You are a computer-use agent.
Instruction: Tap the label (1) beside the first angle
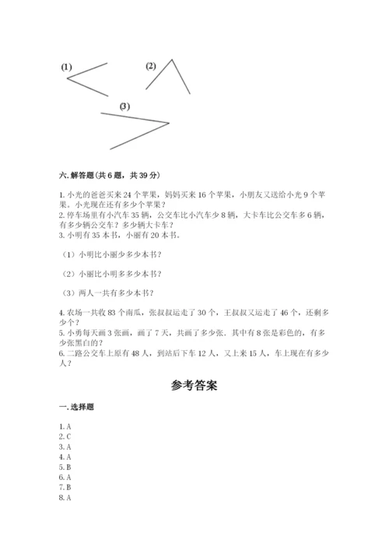[x=66, y=68]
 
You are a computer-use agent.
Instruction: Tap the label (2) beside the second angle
[x=151, y=65]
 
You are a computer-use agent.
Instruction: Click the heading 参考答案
[x=194, y=384]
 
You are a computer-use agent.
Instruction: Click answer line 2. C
[x=65, y=436]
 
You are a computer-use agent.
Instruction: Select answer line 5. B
[x=65, y=467]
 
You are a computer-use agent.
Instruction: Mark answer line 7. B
[x=65, y=487]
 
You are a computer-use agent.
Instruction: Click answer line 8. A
[x=65, y=497]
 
